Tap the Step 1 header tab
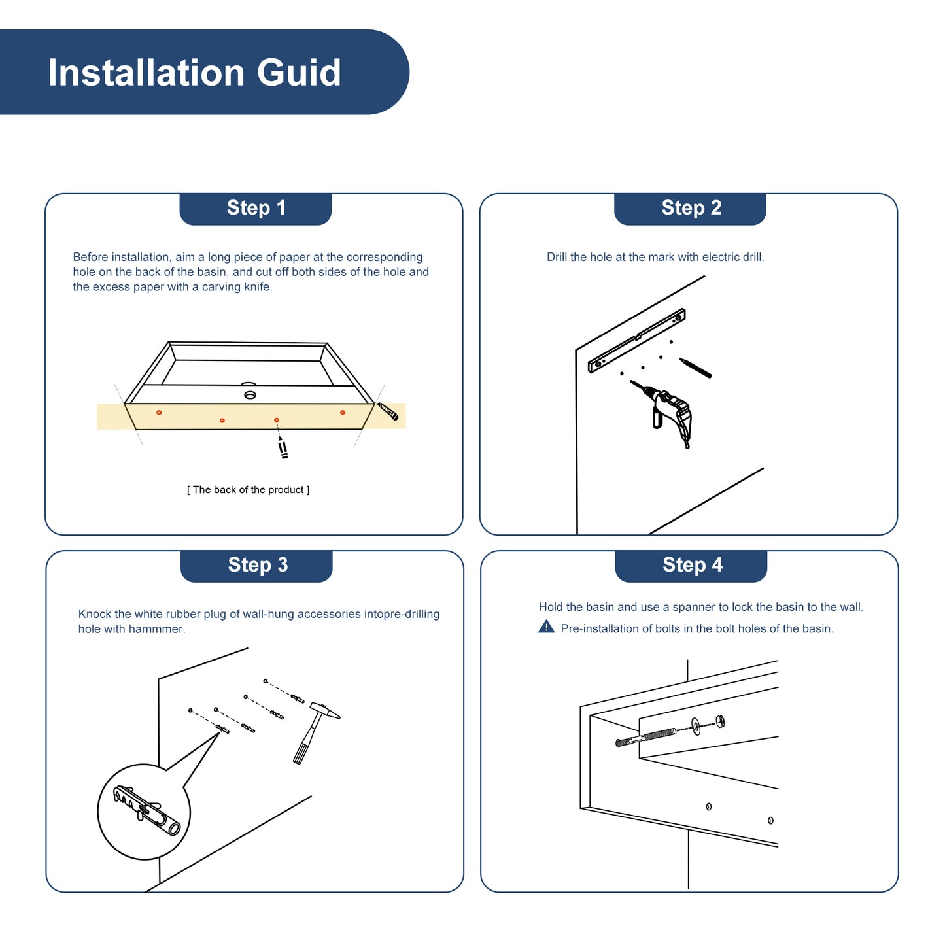pos(255,209)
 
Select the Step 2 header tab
pos(690,209)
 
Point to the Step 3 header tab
pos(256,566)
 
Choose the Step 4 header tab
pos(691,566)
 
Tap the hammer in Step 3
pos(315,732)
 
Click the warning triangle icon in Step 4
pos(546,627)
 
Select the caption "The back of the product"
pos(248,489)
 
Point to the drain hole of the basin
pos(250,394)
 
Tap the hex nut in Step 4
pos(719,721)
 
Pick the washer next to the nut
pos(696,727)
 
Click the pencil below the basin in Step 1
pos(283,447)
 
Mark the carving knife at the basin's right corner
pos(387,411)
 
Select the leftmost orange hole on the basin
pos(159,413)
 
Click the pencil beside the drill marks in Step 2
pos(695,368)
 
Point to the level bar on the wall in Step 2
pos(636,340)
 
